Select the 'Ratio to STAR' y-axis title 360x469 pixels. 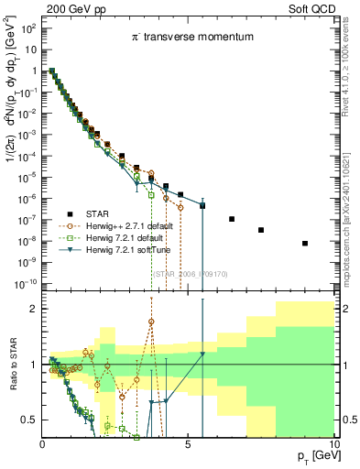point(14,365)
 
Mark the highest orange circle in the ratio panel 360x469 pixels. point(150,322)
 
